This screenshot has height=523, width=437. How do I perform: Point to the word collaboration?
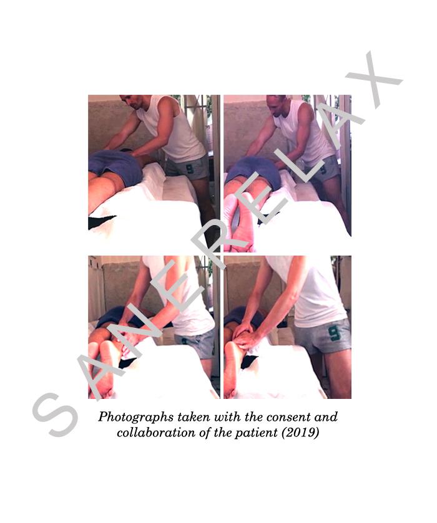[156, 433]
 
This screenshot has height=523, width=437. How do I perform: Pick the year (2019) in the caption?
[300, 433]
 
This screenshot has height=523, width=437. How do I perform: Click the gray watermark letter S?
[56, 415]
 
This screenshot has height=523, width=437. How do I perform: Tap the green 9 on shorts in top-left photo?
[189, 168]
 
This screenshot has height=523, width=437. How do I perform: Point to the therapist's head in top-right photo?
[277, 105]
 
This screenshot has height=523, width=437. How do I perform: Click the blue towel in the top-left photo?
[116, 166]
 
